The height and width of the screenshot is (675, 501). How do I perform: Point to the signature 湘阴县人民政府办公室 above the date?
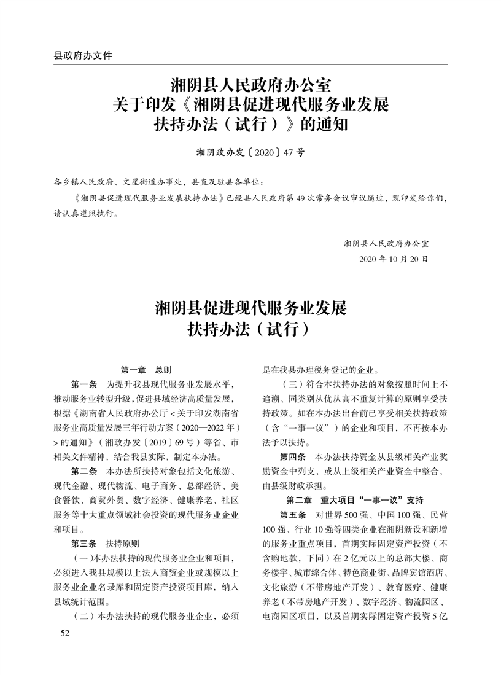point(386,243)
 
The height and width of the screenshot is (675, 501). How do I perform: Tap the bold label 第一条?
point(85,384)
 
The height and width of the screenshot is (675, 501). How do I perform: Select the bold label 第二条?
point(85,471)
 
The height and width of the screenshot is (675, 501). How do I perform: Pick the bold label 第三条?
point(85,544)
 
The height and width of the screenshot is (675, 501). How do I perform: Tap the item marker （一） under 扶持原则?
point(82,558)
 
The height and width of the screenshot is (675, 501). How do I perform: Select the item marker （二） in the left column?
point(82,615)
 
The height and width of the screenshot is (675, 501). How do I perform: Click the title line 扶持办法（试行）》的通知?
point(251,125)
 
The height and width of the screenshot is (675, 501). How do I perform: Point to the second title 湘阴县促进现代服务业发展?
point(251,308)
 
